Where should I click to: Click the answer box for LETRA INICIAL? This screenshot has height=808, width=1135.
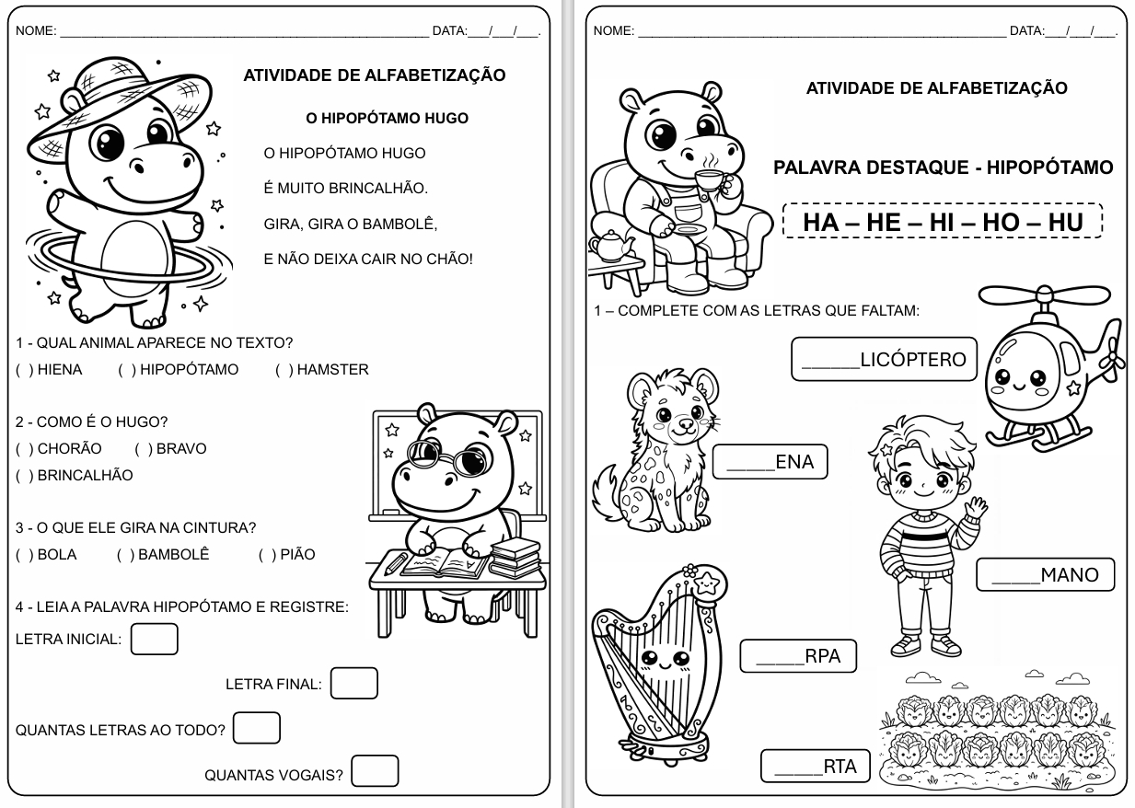(x=154, y=639)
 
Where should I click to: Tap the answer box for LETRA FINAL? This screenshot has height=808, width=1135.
(x=353, y=683)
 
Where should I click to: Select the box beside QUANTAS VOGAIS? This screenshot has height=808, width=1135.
(x=375, y=771)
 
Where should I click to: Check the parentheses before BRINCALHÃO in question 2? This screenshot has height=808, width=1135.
(x=23, y=476)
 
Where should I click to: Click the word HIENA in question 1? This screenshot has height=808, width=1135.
(x=60, y=370)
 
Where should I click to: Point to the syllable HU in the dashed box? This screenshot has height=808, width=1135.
(x=1066, y=222)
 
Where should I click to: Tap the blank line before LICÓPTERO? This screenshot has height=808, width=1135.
(x=829, y=364)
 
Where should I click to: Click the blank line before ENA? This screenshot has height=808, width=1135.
(x=750, y=466)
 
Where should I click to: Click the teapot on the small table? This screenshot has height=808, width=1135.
(x=612, y=245)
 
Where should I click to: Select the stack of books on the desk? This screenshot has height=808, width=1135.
(x=515, y=557)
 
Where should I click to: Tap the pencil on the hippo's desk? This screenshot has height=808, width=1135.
(x=396, y=562)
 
